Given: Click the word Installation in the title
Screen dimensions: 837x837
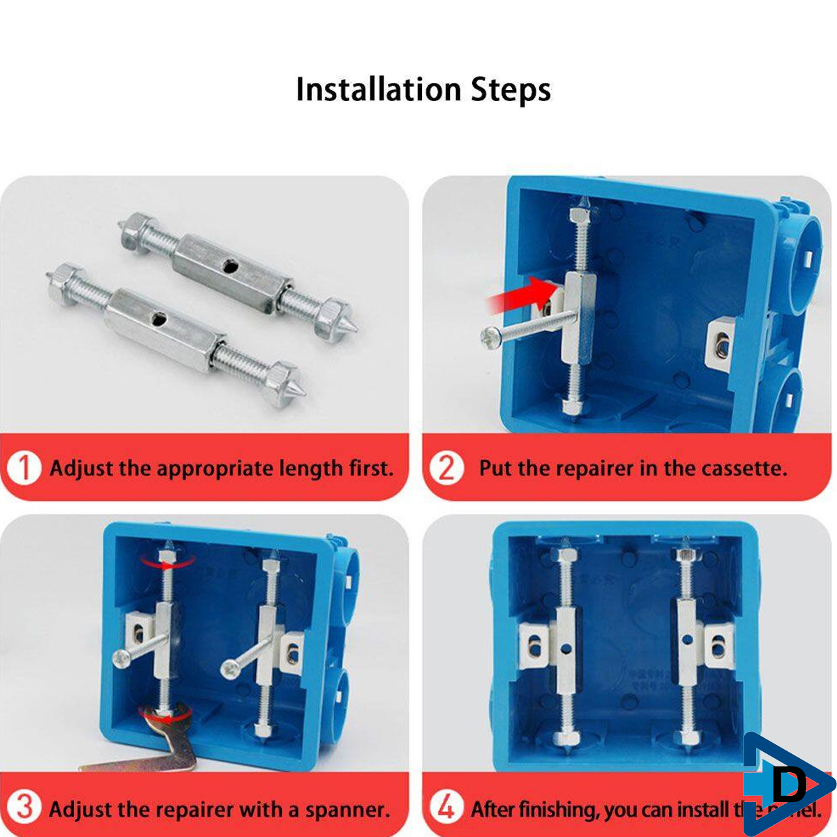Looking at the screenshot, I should [x=378, y=90].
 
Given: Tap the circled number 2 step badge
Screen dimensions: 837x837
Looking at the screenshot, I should [x=446, y=468].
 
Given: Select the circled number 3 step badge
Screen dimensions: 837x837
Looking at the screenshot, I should [x=25, y=808].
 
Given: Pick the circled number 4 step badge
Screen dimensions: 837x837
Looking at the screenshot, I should [x=446, y=808].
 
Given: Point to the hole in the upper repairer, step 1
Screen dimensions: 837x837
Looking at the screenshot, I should [x=228, y=265].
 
